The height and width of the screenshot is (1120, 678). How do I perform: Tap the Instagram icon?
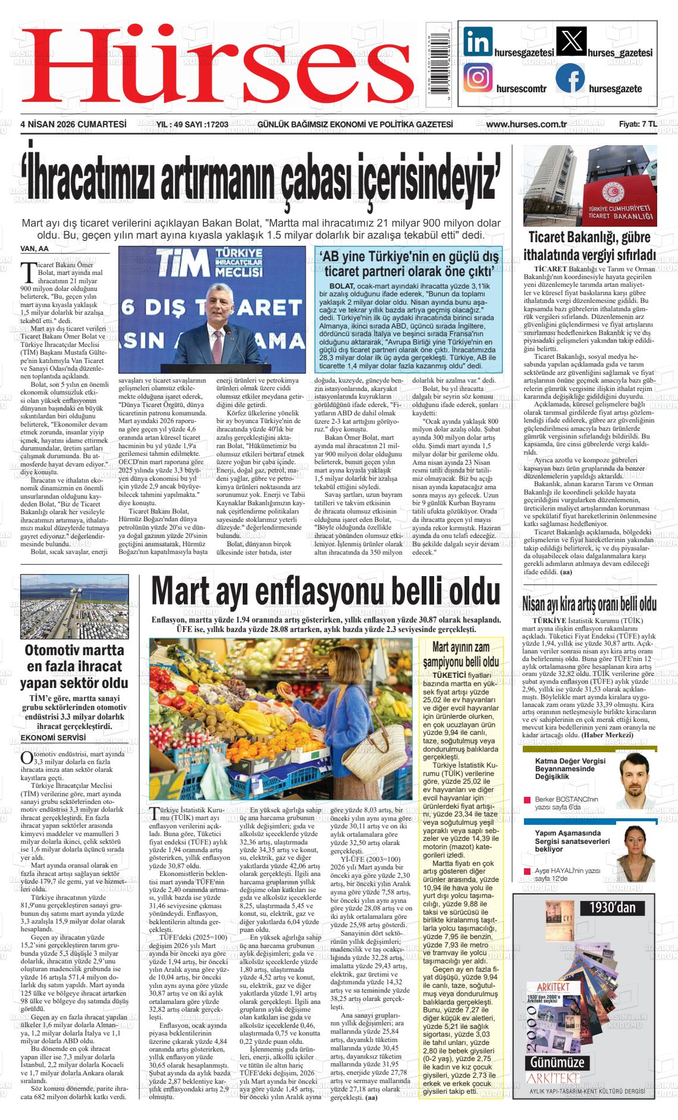click(x=478, y=78)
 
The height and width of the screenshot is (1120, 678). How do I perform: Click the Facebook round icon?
click(x=570, y=79)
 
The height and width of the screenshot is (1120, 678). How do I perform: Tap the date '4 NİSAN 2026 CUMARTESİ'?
click(x=74, y=124)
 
